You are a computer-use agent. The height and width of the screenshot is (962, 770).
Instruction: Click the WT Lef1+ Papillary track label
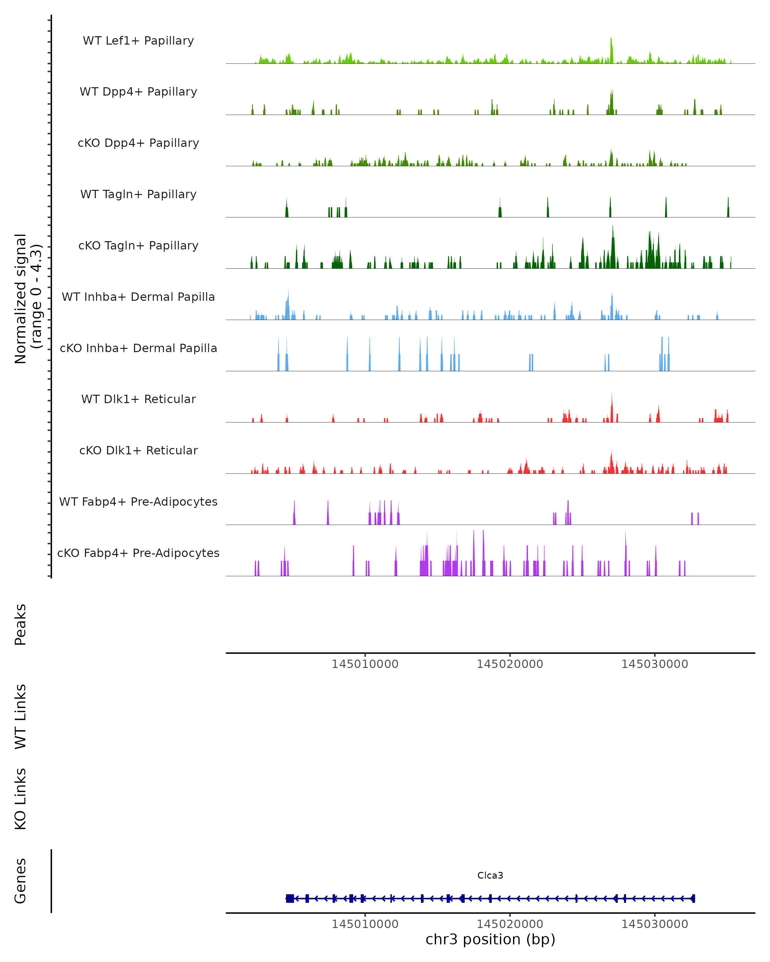click(x=138, y=41)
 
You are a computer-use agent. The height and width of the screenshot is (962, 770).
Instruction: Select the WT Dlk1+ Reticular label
click(x=138, y=399)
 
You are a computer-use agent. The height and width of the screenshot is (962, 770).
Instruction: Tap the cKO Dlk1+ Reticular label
click(x=138, y=450)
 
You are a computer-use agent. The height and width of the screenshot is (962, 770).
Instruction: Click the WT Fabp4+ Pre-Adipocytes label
click(x=138, y=502)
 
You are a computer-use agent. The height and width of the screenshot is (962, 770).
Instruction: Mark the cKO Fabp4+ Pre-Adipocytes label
click(x=138, y=553)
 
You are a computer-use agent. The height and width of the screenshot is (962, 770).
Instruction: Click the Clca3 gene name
click(x=490, y=875)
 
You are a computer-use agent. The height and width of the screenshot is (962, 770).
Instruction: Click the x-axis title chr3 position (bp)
click(x=490, y=939)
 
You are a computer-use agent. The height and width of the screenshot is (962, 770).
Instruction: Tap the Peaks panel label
click(x=21, y=624)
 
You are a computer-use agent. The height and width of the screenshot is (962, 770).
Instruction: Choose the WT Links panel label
click(x=21, y=716)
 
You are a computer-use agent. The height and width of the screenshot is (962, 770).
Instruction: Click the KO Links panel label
click(x=21, y=799)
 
